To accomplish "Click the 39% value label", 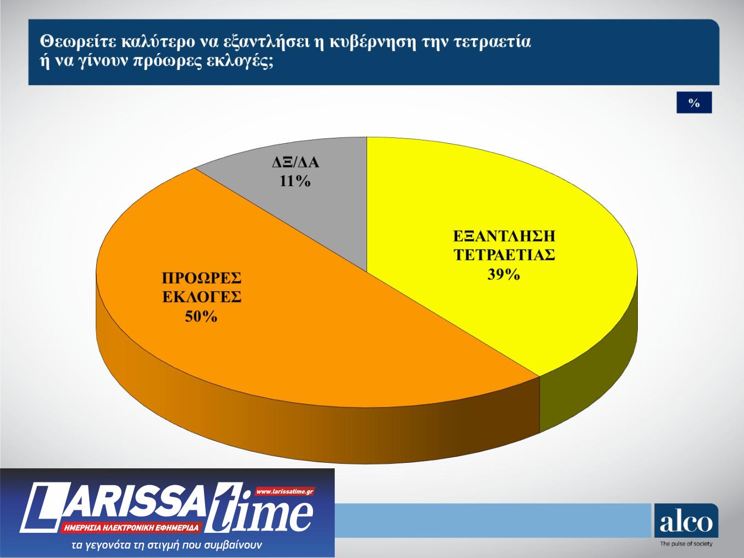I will tap(503, 275).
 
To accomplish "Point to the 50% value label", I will tap(201, 316).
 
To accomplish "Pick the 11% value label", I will tap(295, 181).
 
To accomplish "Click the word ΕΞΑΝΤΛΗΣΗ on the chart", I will tap(504, 236).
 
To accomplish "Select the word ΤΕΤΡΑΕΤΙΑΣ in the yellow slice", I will tap(504, 255).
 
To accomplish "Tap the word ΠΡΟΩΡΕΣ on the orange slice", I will tap(201, 278).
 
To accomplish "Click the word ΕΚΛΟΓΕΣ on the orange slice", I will tap(201, 297).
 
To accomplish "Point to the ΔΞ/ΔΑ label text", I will tap(295, 163).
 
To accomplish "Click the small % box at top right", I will tap(694, 103).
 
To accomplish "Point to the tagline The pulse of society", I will tap(686, 544).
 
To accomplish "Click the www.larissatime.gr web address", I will tap(284, 491).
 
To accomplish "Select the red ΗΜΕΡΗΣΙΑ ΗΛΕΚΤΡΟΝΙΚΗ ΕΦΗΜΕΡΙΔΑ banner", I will tap(131, 528).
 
